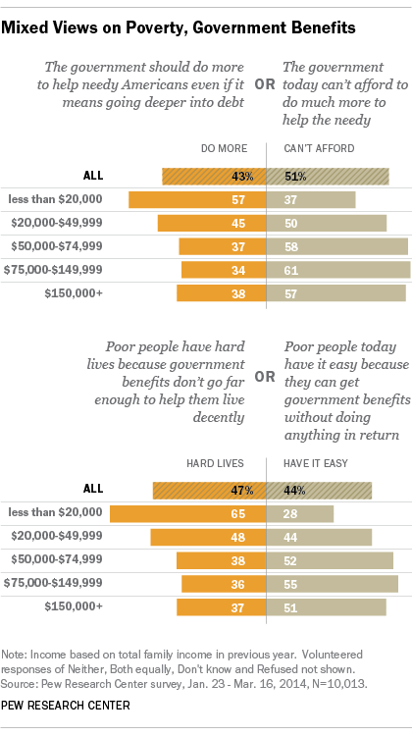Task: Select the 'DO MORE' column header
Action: (x=221, y=149)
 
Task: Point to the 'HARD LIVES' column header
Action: (x=216, y=462)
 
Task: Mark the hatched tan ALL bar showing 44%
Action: (x=320, y=489)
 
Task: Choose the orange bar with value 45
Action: (x=212, y=223)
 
